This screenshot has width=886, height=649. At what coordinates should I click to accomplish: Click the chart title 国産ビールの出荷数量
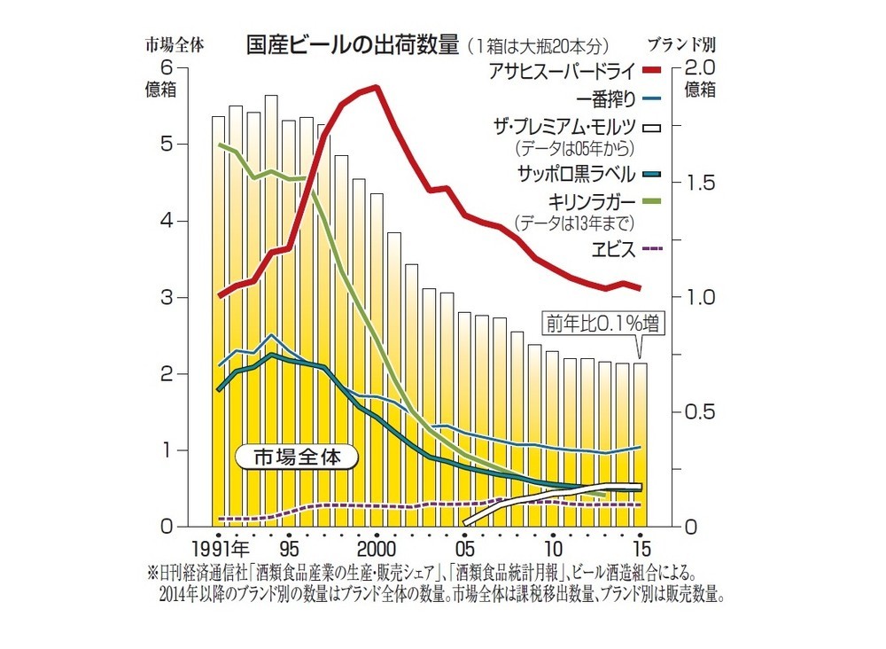point(352,44)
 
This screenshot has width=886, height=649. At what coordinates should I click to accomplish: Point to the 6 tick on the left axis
point(167,68)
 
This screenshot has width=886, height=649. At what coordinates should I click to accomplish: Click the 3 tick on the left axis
point(167,298)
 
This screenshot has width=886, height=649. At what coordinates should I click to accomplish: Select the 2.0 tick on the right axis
point(696,68)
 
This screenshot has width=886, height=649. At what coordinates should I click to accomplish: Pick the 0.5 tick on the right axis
point(696,412)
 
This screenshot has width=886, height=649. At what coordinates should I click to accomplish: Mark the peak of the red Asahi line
point(377,87)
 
